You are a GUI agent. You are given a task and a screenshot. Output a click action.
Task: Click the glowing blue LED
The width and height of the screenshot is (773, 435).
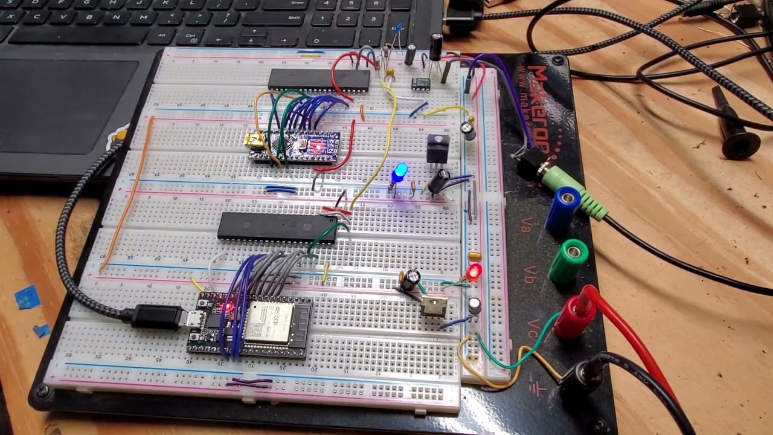pos(399,172)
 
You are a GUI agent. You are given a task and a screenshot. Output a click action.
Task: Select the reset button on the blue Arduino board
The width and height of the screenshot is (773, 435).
pos(301,145)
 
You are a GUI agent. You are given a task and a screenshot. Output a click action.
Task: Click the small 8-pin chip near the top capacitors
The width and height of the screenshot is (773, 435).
pos(421,83)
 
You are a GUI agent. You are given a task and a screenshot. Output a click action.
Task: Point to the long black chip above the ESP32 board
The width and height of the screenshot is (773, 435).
pos(277,227)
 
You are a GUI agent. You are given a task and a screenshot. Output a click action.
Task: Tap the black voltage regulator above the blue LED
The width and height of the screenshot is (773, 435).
pos(438,149)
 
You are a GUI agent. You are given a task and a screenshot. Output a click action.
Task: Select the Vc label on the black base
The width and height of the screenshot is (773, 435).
pos(533,327)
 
